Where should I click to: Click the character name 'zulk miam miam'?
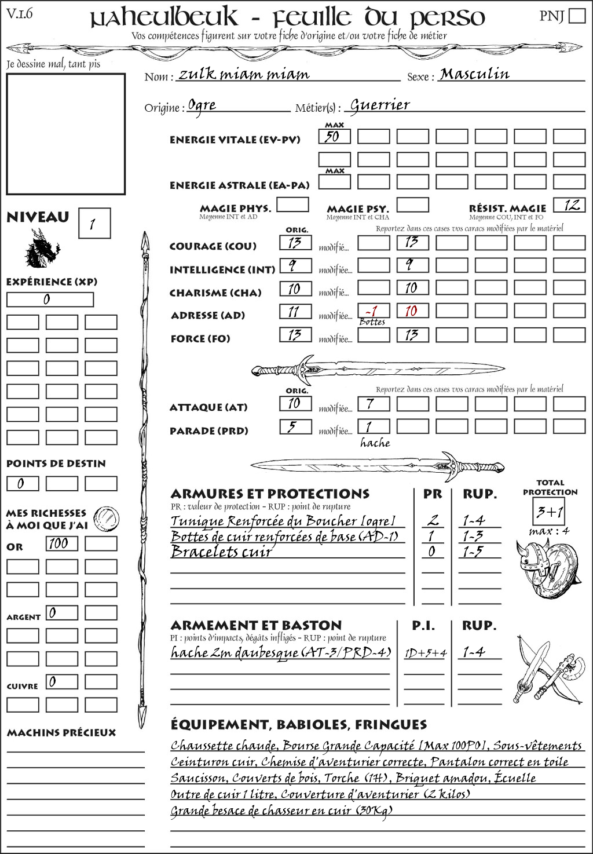(243, 74)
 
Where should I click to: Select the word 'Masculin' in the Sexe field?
(474, 74)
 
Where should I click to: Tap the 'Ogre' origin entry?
(202, 105)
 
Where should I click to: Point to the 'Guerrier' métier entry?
(380, 105)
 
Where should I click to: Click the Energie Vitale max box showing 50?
(334, 137)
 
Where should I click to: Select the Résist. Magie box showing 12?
(569, 205)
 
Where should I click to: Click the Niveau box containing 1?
(94, 224)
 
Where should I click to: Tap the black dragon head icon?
(42, 249)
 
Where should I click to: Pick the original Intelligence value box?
(295, 265)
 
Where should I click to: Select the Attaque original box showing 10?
(295, 403)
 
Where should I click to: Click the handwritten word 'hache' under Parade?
(375, 443)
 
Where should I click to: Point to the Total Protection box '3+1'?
(549, 512)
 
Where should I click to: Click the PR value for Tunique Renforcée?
(432, 520)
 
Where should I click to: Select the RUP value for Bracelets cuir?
(473, 552)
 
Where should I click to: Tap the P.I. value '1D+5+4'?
(425, 654)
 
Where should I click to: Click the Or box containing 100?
(61, 543)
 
